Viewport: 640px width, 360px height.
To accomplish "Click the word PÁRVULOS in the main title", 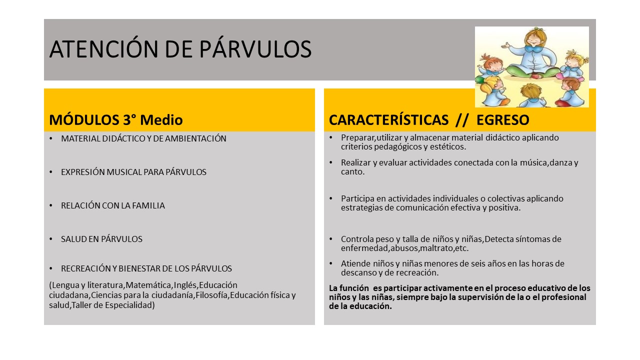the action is point(255,49).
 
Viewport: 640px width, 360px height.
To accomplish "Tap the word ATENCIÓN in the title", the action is point(103,49).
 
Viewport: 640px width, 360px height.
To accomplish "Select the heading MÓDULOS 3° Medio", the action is point(115,119).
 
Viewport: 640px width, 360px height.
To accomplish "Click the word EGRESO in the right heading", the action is point(503,119).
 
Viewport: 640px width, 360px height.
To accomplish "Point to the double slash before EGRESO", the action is point(461,119).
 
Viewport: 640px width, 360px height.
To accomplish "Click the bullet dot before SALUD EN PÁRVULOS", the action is point(51,239).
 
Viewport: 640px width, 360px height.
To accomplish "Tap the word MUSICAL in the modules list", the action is point(124,172).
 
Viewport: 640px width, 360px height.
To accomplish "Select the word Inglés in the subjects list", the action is point(186,285).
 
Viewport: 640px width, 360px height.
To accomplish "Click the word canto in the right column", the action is point(352,171).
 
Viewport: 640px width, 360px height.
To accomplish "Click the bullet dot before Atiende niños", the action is point(331,263).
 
